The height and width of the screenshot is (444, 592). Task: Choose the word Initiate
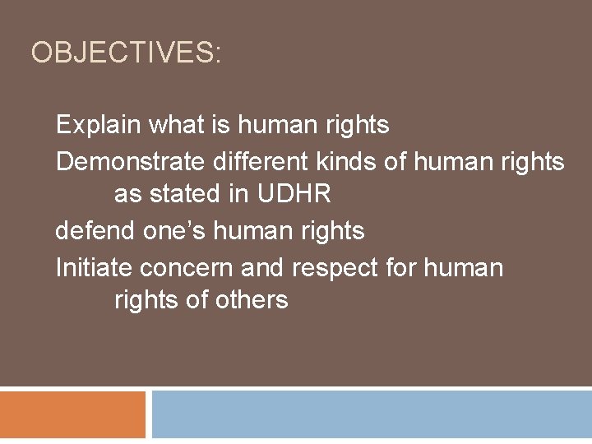[94, 266]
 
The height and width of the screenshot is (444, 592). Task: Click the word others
[251, 301]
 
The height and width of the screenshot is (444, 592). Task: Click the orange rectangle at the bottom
[72, 414]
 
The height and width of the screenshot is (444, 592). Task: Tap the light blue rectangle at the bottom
[372, 414]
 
